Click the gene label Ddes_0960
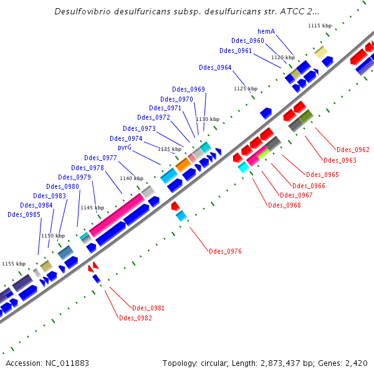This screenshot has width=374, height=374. [x=247, y=41]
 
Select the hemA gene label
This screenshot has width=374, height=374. [x=266, y=31]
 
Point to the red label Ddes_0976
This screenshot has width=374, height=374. [x=225, y=251]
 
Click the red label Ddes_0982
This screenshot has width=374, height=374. [x=135, y=318]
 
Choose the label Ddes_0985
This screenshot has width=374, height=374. [x=24, y=214]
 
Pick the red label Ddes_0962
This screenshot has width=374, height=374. [x=353, y=150]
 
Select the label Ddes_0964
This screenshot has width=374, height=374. [x=215, y=67]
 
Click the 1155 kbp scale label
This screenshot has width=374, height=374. [x=14, y=264]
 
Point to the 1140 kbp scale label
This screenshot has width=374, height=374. [x=131, y=178]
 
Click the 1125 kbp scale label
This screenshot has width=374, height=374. [x=245, y=89]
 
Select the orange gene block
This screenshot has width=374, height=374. [x=183, y=165]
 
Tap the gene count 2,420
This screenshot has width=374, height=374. [x=355, y=363]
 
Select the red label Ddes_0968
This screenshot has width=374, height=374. [x=284, y=205]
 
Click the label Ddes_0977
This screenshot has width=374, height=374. [x=100, y=158]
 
